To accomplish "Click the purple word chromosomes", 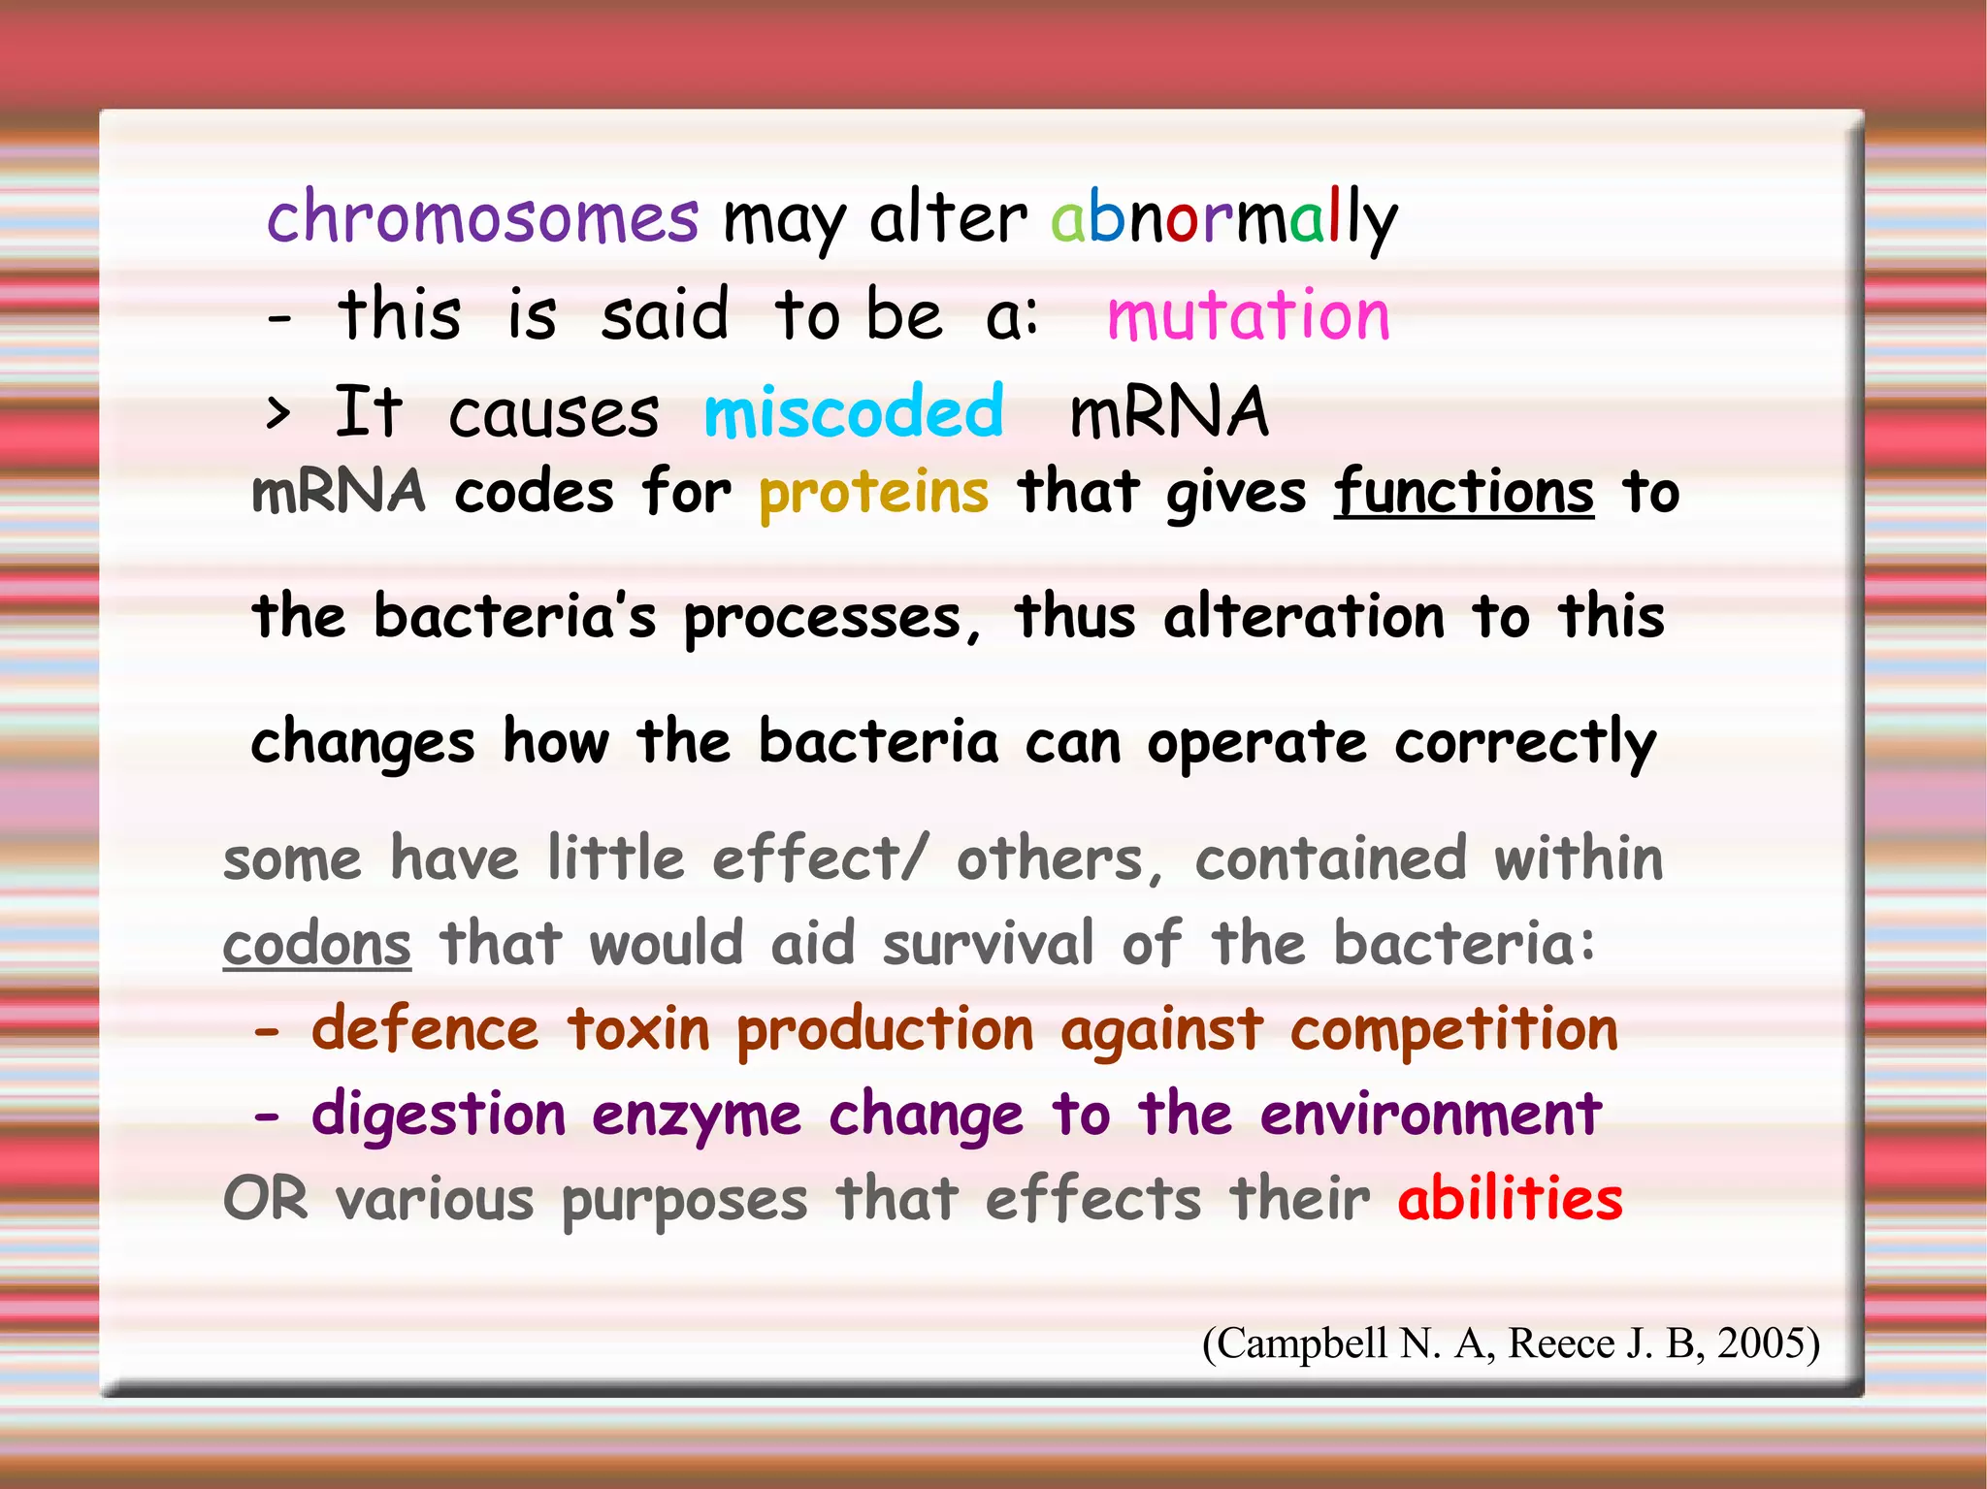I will (x=482, y=217).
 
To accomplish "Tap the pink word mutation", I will (x=1249, y=315).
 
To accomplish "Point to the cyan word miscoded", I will (x=854, y=411).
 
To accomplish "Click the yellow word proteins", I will (x=873, y=492).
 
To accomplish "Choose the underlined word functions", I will (x=1463, y=492).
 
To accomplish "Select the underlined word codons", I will (x=317, y=944).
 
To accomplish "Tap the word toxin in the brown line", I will (x=638, y=1029).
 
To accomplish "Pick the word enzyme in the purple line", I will (x=697, y=1116).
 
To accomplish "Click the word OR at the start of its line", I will (x=265, y=1199).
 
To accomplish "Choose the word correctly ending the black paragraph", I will (x=1525, y=743).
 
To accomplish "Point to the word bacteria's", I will (x=514, y=617).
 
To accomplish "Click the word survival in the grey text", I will (x=988, y=944).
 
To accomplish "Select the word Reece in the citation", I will (x=1562, y=1343).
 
